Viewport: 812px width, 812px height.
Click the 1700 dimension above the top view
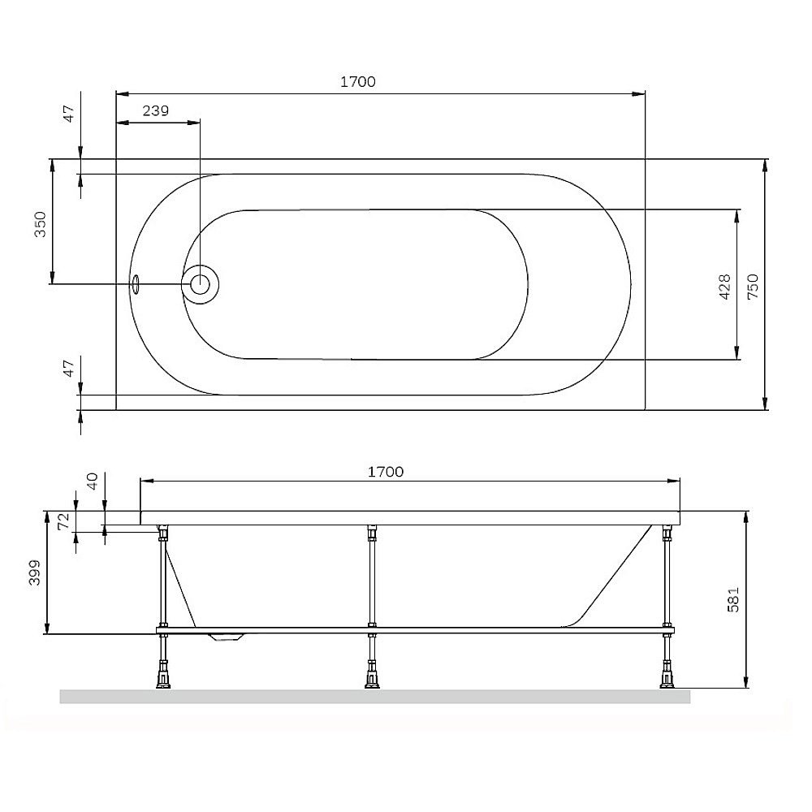click(x=358, y=82)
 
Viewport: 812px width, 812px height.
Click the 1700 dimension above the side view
click(x=385, y=472)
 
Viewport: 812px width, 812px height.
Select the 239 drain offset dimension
click(x=156, y=110)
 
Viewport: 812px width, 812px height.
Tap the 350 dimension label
click(x=41, y=224)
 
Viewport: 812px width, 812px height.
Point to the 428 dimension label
click(x=725, y=287)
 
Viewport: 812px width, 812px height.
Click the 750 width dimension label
click(x=753, y=287)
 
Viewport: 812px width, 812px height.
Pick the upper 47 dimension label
click(x=69, y=113)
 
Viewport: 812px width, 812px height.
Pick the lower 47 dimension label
click(x=69, y=368)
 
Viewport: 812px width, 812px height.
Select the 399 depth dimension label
click(x=34, y=572)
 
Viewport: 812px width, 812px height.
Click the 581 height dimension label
click(x=733, y=600)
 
